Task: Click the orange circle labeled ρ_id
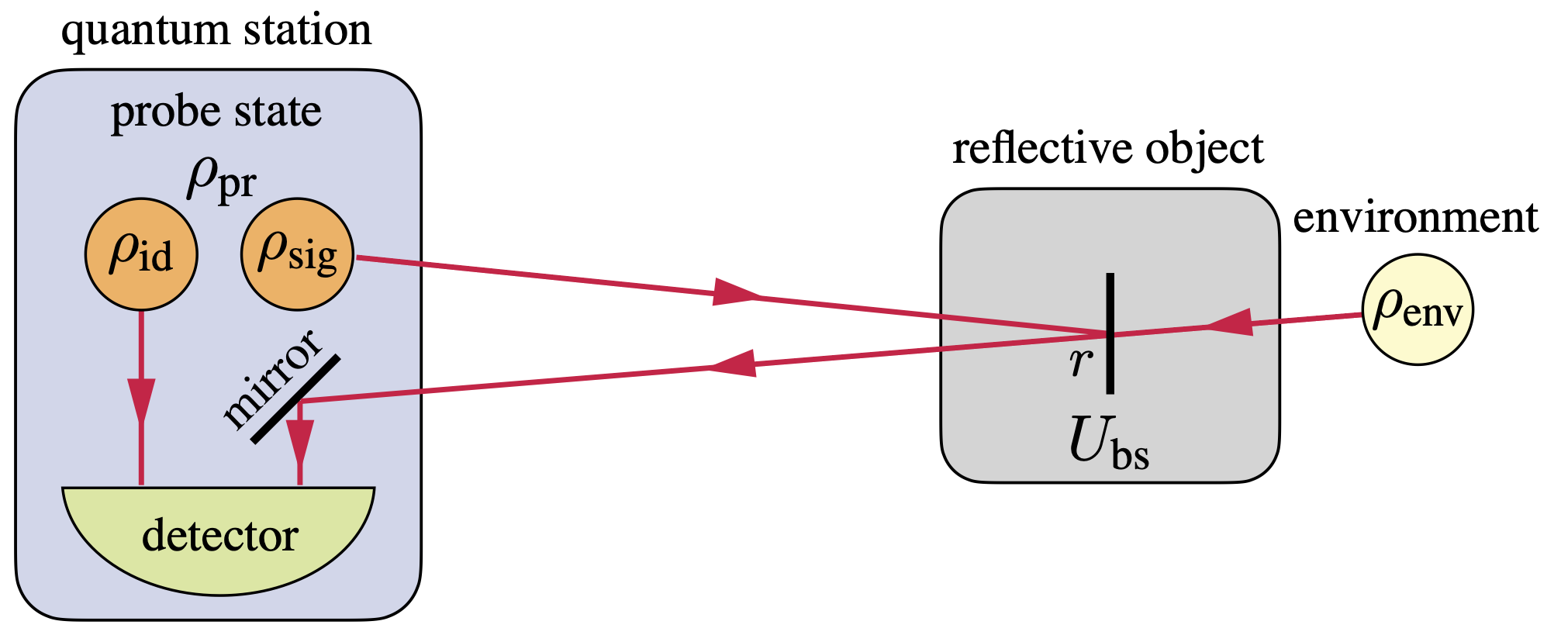pos(141,254)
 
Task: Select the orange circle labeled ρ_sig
pos(297,254)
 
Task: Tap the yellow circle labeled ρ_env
pos(1417,309)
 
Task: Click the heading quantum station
pos(216,31)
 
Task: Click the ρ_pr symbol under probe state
pos(221,180)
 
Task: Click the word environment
pos(1415,218)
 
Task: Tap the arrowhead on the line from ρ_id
pos(141,400)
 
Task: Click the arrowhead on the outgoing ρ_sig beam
pos(737,292)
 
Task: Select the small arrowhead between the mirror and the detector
pos(299,442)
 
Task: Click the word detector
pos(219,536)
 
